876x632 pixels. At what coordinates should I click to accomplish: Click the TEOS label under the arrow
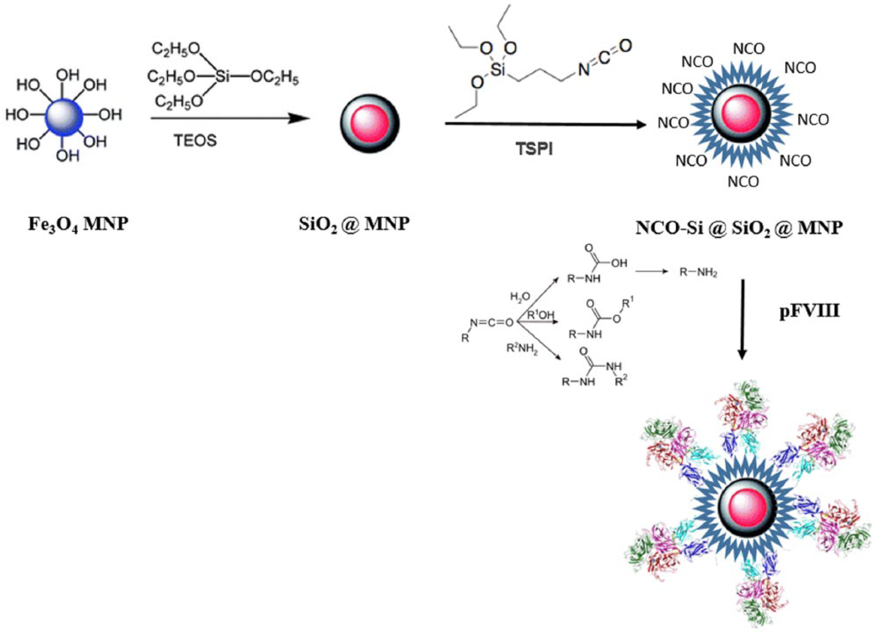click(195, 140)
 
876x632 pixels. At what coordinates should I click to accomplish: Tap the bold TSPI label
click(534, 149)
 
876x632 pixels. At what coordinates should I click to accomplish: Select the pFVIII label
click(809, 312)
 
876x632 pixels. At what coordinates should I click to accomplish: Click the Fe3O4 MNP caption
click(78, 225)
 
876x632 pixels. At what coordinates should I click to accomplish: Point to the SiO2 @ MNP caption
click(354, 225)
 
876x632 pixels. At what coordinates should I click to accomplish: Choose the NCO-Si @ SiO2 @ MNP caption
click(739, 228)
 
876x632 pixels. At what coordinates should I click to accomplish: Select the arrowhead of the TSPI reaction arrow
click(640, 125)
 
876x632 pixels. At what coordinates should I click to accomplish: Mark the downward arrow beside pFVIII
click(742, 319)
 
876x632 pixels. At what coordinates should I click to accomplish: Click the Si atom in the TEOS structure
click(222, 77)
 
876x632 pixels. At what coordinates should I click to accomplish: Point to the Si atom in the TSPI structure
click(498, 70)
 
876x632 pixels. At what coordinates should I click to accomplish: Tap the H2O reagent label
click(520, 297)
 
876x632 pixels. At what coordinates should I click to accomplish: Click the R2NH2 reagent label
click(522, 348)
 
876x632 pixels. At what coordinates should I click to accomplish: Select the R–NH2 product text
click(698, 272)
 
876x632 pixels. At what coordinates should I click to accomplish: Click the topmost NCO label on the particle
click(749, 49)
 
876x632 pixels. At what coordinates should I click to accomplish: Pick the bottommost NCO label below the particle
click(743, 181)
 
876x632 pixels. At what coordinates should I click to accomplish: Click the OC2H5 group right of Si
click(275, 78)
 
